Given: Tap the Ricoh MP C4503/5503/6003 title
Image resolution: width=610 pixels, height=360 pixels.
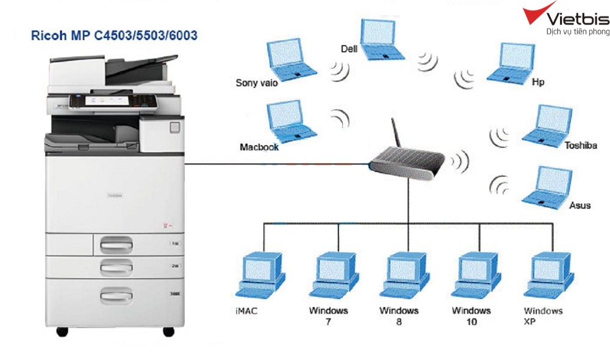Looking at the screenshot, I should click(114, 35).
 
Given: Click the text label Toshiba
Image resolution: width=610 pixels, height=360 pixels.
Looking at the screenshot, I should click(581, 146).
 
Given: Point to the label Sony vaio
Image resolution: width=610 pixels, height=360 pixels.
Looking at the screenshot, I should click(257, 83).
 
